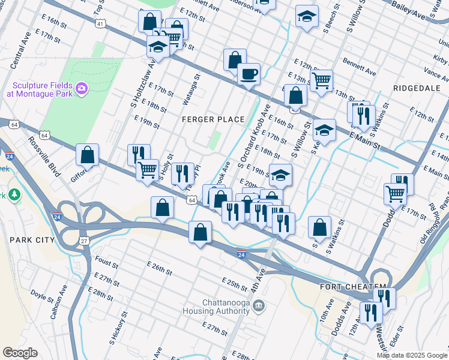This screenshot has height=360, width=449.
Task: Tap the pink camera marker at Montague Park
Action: [x=82, y=89]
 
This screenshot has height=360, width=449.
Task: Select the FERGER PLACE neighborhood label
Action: [x=213, y=119]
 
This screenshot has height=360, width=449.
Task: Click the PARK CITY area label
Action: [x=32, y=240]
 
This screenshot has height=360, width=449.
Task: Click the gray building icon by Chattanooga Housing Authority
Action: [x=259, y=306]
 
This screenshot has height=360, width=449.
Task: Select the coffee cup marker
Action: [x=248, y=75]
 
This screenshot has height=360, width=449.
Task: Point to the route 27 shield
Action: [x=84, y=240]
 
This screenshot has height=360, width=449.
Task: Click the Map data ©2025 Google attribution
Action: [x=412, y=355]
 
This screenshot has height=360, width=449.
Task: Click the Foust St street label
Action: [x=106, y=262]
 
